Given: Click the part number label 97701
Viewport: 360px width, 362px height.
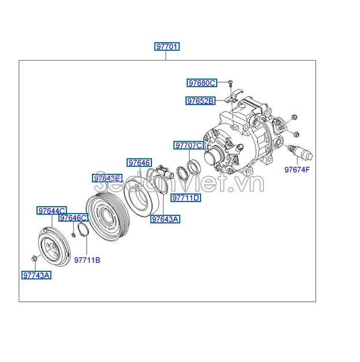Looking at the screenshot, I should tap(166, 47).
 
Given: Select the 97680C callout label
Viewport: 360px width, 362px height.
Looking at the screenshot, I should tap(201, 83).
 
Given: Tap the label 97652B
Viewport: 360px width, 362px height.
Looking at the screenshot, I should tap(200, 101).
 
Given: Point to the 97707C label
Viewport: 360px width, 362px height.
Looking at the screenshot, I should tap(189, 145).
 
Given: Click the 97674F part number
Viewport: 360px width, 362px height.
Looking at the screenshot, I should tap(297, 170).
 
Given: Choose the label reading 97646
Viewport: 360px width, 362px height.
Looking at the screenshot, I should tap(139, 163).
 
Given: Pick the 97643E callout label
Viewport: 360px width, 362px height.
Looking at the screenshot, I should tap(108, 178).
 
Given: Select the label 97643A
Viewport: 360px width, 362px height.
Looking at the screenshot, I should tap(165, 219).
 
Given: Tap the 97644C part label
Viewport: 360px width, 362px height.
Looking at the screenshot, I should tap(52, 211).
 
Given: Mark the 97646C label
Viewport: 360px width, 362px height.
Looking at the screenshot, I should tap(74, 218).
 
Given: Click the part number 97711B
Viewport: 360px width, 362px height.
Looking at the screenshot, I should tap(87, 260).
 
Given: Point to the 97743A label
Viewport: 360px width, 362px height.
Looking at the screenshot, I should tap(36, 275).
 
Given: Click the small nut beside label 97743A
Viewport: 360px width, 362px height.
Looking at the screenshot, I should tap(35, 258).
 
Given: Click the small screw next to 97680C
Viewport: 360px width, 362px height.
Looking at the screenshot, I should tap(229, 84).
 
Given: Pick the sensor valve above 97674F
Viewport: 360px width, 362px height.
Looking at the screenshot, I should tap(301, 152).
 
